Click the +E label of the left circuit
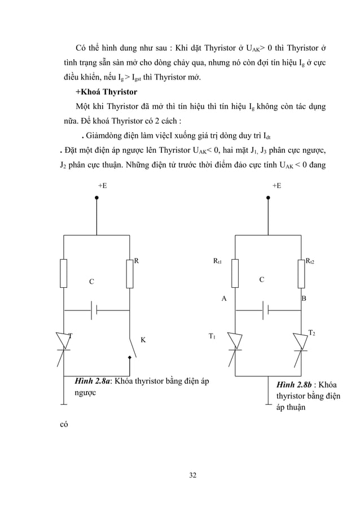[103, 186]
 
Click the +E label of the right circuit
[276, 186]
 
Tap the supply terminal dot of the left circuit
[97, 198]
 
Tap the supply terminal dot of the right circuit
[269, 198]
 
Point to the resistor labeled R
[130, 273]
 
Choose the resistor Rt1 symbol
[235, 273]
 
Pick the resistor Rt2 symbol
[301, 273]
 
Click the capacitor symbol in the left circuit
[94, 310]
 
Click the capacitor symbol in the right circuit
[266, 310]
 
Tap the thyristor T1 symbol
[235, 342]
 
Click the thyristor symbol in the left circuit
[64, 342]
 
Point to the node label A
[223, 299]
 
